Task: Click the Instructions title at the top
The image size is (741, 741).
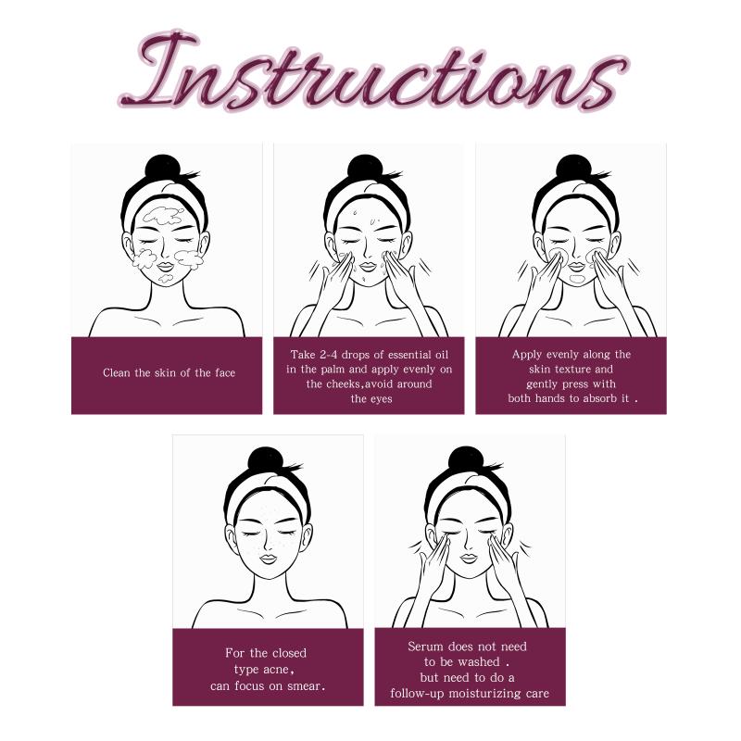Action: click(373, 71)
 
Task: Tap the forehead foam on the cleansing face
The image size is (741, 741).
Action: click(163, 215)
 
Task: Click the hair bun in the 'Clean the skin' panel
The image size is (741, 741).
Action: click(163, 167)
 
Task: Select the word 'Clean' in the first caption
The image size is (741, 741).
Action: click(116, 373)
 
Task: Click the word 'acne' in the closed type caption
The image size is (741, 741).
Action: click(276, 670)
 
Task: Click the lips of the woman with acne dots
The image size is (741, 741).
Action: click(268, 559)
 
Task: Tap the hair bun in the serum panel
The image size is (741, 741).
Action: click(467, 458)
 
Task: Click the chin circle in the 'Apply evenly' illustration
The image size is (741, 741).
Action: click(577, 279)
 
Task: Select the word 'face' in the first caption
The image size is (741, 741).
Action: click(225, 373)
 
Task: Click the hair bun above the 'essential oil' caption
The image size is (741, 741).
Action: click(365, 167)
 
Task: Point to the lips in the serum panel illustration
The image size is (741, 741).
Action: click(468, 558)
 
